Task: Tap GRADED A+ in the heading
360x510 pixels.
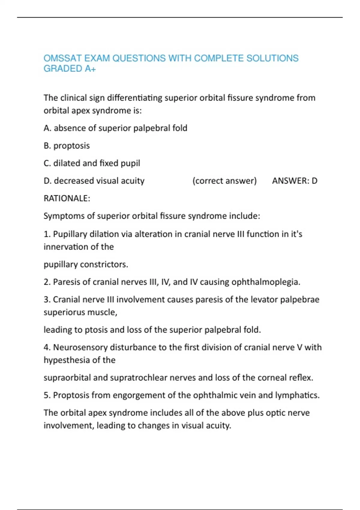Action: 70,69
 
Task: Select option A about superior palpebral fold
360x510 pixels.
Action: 115,128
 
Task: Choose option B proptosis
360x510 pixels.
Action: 67,146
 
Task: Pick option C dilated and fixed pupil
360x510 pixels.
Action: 92,163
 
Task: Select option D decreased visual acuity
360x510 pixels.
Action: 94,181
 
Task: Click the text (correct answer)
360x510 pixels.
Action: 224,181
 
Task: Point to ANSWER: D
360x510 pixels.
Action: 295,181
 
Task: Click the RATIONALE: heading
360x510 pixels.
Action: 67,198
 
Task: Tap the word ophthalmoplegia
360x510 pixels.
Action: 266,282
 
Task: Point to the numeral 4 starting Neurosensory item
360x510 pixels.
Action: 46,347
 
